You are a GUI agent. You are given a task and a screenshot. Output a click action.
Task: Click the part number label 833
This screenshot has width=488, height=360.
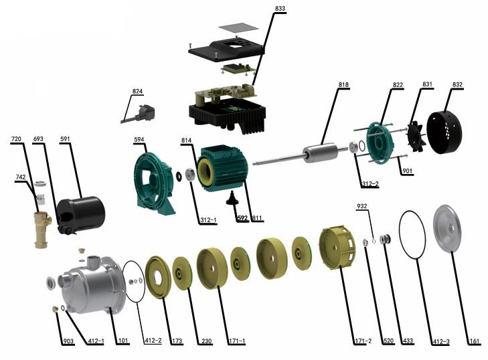click(x=280, y=9)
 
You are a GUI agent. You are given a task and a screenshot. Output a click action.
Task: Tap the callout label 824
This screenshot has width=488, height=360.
click(x=137, y=91)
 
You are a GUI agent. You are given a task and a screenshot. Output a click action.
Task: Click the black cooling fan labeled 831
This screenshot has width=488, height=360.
click(x=416, y=137)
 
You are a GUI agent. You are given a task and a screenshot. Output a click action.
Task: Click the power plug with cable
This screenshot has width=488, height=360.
click(x=138, y=114)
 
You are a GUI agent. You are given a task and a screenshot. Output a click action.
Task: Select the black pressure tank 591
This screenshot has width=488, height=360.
click(x=81, y=214)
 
